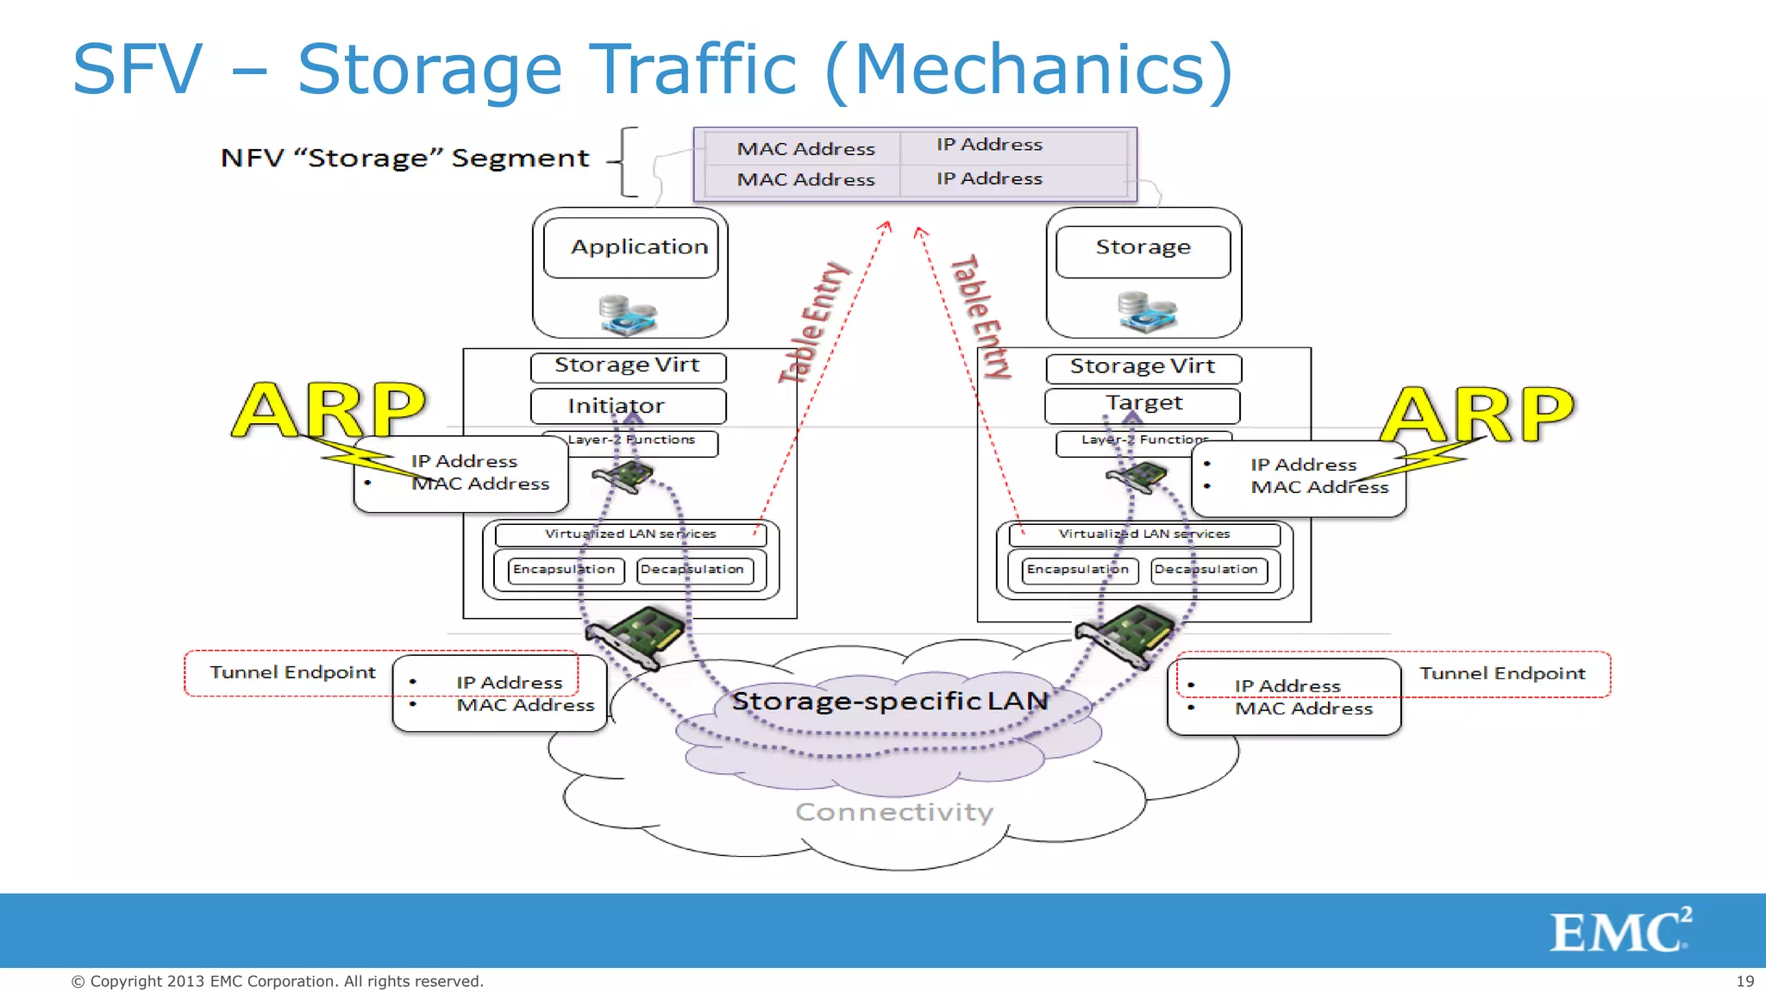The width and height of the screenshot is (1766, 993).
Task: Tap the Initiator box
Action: (x=627, y=406)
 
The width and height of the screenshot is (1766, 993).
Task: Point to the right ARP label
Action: (x=1478, y=415)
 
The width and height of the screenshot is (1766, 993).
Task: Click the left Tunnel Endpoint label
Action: (x=292, y=672)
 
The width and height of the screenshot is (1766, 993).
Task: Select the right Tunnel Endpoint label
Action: (x=1502, y=673)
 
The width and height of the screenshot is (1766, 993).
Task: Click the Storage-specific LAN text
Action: (x=889, y=701)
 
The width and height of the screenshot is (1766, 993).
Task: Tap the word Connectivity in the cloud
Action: (x=894, y=812)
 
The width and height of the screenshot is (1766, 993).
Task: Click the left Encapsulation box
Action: (x=565, y=570)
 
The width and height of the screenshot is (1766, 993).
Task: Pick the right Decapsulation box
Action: (x=1206, y=570)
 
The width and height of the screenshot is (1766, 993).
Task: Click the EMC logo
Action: (x=1619, y=930)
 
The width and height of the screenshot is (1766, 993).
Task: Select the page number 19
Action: (x=1744, y=981)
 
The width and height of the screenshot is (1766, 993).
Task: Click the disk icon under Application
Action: (x=628, y=315)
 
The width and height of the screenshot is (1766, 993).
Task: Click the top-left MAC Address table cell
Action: (x=805, y=148)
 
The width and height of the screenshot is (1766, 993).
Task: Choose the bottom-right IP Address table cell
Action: (x=990, y=178)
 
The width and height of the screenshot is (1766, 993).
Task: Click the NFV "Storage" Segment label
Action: (x=404, y=159)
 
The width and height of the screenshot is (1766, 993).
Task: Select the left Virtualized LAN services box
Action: (x=630, y=534)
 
